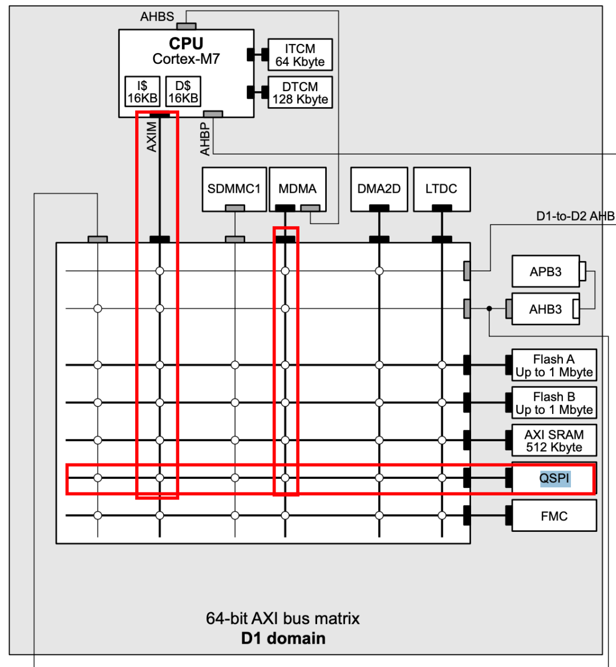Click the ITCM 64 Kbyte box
pos(300,55)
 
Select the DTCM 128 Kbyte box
pos(300,92)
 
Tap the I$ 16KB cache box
pos(142,92)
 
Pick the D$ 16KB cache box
pos(183,92)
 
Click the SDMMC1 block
pos(234,189)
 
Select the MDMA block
pos(297,189)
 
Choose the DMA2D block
pos(379,189)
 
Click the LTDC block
pos(441,189)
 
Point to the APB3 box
pos(545,271)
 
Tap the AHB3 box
pos(545,309)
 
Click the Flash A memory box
pos(554,365)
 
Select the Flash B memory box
pos(554,403)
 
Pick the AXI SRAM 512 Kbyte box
pos(554,441)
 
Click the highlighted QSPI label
pos(554,478)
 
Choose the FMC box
pos(554,516)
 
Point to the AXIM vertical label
pos(151,137)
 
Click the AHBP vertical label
pos(205,139)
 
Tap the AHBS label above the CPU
pos(157,17)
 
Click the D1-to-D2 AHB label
pos(575,216)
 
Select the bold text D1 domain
pos(283,638)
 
